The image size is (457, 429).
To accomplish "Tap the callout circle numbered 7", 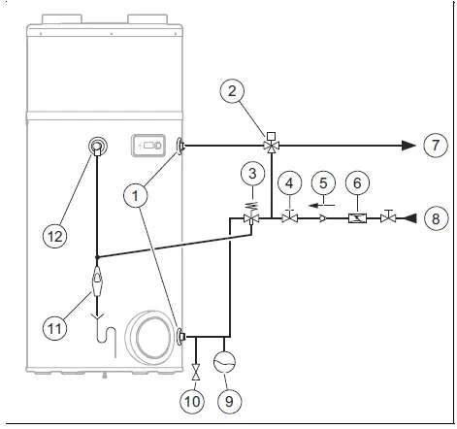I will (x=434, y=146).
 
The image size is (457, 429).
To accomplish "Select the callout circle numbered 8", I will (x=434, y=218).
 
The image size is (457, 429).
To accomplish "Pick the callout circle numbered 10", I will (x=196, y=398).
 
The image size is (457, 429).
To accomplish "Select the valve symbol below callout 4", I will (x=288, y=218).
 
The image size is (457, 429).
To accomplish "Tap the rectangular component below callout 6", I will (x=357, y=218).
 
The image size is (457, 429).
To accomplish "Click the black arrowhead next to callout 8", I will (x=410, y=218).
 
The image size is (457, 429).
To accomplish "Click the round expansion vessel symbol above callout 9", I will (x=227, y=362).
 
